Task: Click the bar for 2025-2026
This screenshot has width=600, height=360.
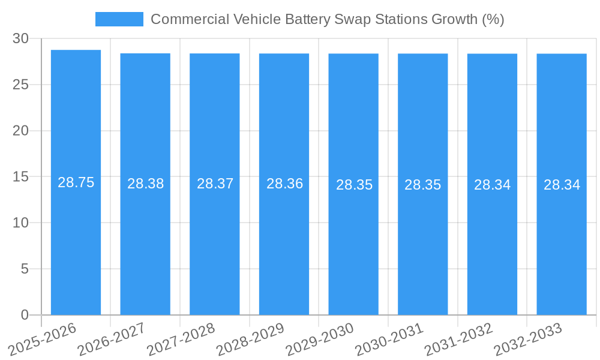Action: pyautogui.click(x=76, y=240)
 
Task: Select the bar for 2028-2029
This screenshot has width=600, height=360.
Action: pyautogui.click(x=284, y=240)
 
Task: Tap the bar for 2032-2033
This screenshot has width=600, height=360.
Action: pyautogui.click(x=562, y=240)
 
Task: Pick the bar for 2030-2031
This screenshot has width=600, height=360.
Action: pyautogui.click(x=422, y=240)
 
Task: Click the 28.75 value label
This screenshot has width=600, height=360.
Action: pyautogui.click(x=76, y=182)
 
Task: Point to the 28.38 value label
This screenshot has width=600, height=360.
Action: pyautogui.click(x=145, y=184)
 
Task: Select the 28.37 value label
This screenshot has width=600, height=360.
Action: pyautogui.click(x=215, y=184)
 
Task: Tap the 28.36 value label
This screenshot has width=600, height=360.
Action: pyautogui.click(x=284, y=184)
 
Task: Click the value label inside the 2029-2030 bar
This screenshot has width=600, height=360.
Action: pyautogui.click(x=354, y=185)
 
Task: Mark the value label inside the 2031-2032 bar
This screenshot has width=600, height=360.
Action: pyautogui.click(x=492, y=185)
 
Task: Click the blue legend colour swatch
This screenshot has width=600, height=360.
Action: pyautogui.click(x=119, y=19)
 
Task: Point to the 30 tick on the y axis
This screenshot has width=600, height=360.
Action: pyautogui.click(x=20, y=38)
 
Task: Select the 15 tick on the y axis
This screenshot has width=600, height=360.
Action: pyautogui.click(x=20, y=177)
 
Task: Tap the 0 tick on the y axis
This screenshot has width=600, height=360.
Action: pyautogui.click(x=25, y=315)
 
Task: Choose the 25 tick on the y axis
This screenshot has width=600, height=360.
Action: pyautogui.click(x=20, y=85)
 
